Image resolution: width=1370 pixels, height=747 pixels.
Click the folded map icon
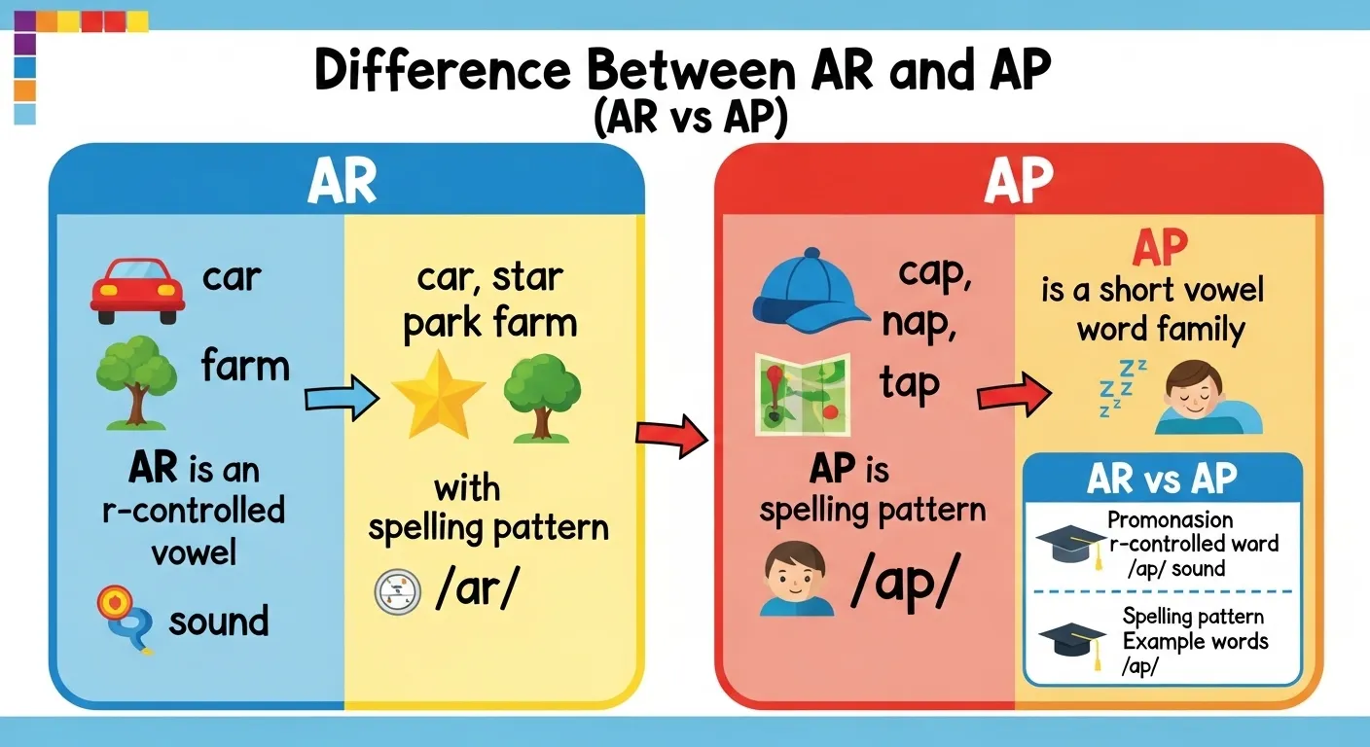pyautogui.click(x=803, y=394)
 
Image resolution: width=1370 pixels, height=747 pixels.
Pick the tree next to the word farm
pyautogui.click(x=136, y=380)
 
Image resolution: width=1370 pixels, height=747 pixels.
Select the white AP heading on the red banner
pyautogui.click(x=1019, y=178)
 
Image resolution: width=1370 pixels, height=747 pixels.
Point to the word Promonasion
pyautogui.click(x=1170, y=519)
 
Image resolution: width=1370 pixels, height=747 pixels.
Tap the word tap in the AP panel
pyautogui.click(x=911, y=383)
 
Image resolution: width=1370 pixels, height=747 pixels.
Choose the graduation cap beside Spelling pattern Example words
pyautogui.click(x=1071, y=642)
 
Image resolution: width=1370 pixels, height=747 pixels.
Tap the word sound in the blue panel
pyautogui.click(x=218, y=621)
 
